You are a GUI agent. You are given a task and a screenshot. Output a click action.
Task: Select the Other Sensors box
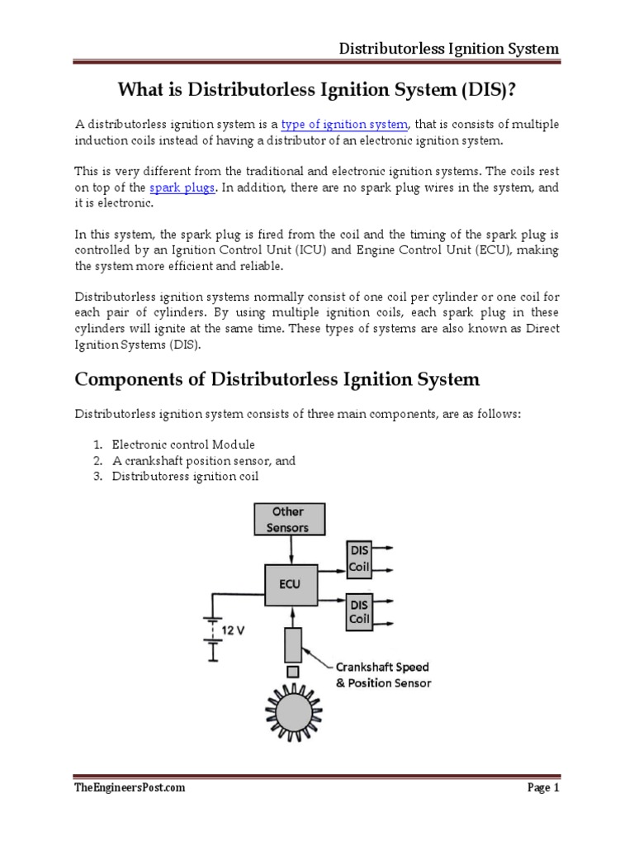(289, 520)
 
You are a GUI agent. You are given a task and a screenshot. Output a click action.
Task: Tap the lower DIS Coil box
(362, 610)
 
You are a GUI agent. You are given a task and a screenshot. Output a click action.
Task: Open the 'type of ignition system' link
(345, 124)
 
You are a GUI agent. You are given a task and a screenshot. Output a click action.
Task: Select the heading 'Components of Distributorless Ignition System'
(277, 380)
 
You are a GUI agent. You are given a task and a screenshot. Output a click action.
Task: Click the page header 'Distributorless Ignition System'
(449, 48)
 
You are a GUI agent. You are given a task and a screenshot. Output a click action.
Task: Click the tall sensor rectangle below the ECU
(293, 632)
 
